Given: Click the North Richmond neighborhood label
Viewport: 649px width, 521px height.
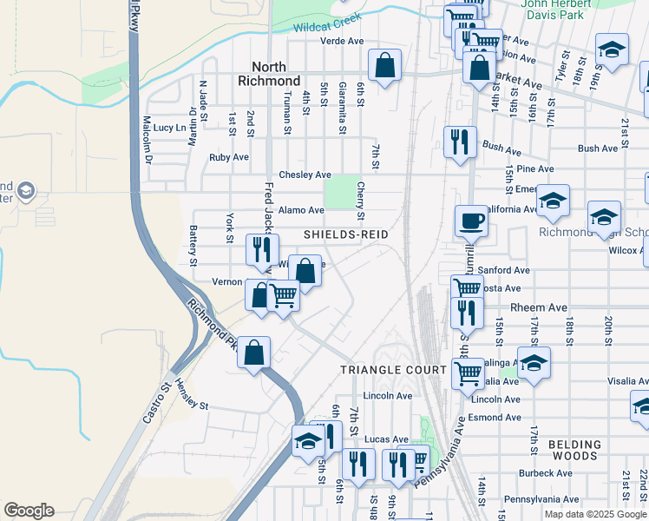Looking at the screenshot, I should pyautogui.click(x=275, y=73).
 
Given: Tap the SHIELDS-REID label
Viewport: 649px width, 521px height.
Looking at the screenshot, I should pyautogui.click(x=345, y=234).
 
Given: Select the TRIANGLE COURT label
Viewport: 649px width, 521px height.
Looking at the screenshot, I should pyautogui.click(x=393, y=369).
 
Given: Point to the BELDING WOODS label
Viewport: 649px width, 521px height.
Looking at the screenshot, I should pyautogui.click(x=573, y=449).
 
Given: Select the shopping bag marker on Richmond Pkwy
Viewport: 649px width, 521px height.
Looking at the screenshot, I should pyautogui.click(x=253, y=353).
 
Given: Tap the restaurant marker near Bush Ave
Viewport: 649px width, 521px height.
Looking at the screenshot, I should pyautogui.click(x=458, y=142).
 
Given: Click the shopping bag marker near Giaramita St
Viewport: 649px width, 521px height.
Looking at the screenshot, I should pyautogui.click(x=383, y=64).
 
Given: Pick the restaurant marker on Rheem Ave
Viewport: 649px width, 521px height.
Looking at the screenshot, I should pyautogui.click(x=467, y=313).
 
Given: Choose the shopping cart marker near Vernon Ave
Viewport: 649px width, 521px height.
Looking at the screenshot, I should pyautogui.click(x=284, y=297).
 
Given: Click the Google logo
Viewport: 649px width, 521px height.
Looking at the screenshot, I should pyautogui.click(x=29, y=511).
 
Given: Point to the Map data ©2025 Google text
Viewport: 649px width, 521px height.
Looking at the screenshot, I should pyautogui.click(x=594, y=514).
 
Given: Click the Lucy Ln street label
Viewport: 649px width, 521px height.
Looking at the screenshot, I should pyautogui.click(x=169, y=127).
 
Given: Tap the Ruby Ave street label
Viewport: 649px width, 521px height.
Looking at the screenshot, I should pyautogui.click(x=229, y=157).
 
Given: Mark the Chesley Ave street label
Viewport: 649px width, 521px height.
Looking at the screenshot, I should pyautogui.click(x=305, y=175).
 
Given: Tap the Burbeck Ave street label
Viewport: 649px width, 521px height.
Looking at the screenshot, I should pyautogui.click(x=543, y=473).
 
